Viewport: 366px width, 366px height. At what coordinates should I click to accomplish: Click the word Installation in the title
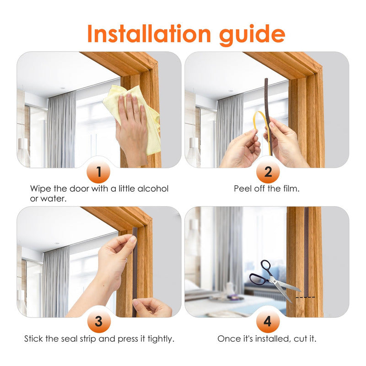click(x=149, y=34)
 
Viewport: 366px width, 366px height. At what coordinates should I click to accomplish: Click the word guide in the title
click(x=252, y=35)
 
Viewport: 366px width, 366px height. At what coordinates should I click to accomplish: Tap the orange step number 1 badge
click(x=98, y=172)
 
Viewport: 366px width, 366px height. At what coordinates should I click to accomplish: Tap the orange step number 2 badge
click(x=268, y=172)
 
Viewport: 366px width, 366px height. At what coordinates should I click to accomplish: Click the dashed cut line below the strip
click(x=305, y=297)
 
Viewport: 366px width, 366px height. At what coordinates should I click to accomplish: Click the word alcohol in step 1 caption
click(x=153, y=188)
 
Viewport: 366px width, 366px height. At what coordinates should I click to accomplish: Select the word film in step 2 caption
click(x=291, y=188)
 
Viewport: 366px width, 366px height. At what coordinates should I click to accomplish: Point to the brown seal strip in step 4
click(x=306, y=252)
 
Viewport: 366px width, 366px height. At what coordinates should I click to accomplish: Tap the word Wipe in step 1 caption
click(x=41, y=188)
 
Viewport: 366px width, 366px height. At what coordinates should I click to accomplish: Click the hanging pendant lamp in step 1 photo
click(x=23, y=150)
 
